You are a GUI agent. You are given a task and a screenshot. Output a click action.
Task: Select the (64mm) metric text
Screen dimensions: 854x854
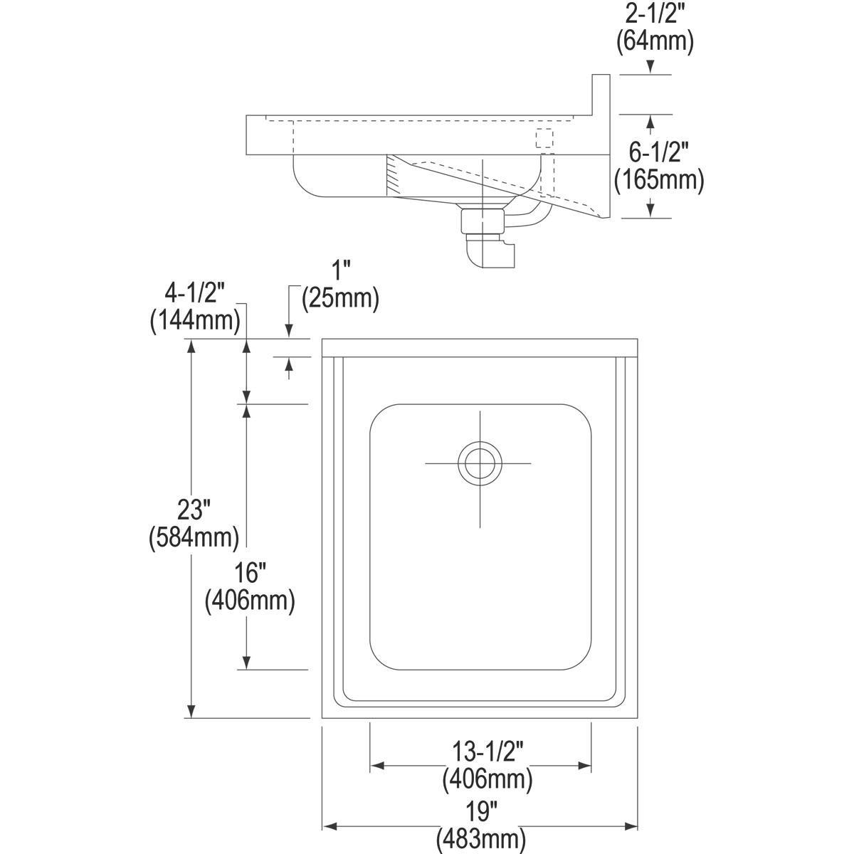coord(654,41)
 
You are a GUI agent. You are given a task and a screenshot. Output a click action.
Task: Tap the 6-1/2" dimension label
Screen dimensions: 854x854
coord(659,153)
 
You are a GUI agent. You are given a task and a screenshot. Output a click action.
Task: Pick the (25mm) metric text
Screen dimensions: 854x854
coord(340,297)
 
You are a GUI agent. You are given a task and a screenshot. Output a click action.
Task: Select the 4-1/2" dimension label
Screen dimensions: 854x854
coord(194,293)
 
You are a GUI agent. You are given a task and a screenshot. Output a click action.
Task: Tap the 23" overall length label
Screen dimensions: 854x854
coord(194,510)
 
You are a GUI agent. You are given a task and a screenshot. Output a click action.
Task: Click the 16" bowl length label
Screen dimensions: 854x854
coord(250,574)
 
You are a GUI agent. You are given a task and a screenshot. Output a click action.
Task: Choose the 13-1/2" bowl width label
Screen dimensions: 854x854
coord(487,752)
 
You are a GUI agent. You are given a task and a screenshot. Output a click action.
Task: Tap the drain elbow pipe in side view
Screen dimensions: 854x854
coord(491,255)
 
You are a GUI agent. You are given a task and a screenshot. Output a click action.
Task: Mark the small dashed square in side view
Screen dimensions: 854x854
coord(544,139)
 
